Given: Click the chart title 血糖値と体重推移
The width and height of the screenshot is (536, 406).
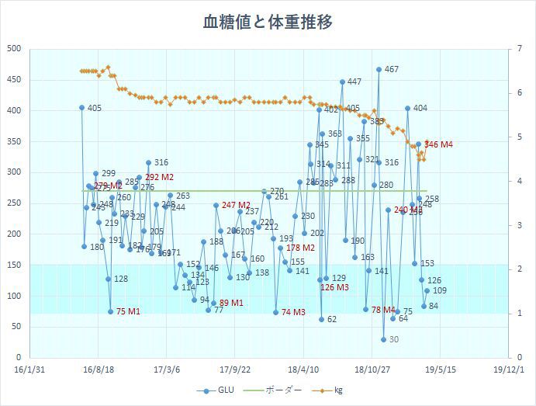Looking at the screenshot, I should pyautogui.click(x=268, y=22).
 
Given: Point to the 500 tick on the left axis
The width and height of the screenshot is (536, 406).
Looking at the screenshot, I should pyautogui.click(x=14, y=49).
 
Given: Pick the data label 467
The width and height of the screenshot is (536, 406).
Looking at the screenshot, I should pyautogui.click(x=392, y=69).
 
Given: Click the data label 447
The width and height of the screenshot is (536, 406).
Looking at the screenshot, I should pyautogui.click(x=354, y=82).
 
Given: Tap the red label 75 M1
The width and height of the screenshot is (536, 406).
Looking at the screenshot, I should pyautogui.click(x=128, y=311).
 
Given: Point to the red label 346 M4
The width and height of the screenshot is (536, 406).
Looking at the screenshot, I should pyautogui.click(x=439, y=144).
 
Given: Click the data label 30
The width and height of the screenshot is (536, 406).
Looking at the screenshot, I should pyautogui.click(x=394, y=339).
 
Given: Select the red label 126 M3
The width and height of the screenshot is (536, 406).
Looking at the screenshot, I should pyautogui.click(x=334, y=287).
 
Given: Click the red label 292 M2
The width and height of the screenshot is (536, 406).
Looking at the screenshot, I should pyautogui.click(x=159, y=177).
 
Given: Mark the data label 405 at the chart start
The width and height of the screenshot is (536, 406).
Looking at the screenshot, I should pyautogui.click(x=95, y=108).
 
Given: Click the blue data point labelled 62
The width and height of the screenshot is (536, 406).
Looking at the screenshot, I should pyautogui.click(x=321, y=319).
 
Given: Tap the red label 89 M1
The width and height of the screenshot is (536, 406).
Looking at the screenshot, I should pyautogui.click(x=231, y=303).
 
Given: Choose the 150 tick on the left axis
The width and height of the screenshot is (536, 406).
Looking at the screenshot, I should pyautogui.click(x=14, y=265).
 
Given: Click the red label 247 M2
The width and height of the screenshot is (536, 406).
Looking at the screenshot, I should pyautogui.click(x=236, y=205).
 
